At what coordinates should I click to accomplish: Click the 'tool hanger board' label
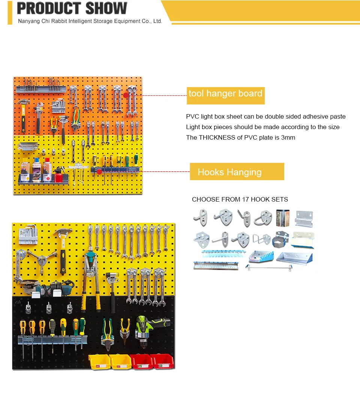coord(225,93)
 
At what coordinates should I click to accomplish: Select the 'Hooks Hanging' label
coord(229,172)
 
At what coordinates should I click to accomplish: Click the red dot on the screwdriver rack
coord(99,172)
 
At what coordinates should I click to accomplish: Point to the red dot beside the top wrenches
coord(126,95)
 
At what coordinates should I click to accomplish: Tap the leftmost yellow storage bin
coord(100,361)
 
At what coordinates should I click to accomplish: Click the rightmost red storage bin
coord(162,361)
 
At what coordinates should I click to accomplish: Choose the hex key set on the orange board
coord(57,107)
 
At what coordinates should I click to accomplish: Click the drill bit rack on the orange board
coord(40,89)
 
